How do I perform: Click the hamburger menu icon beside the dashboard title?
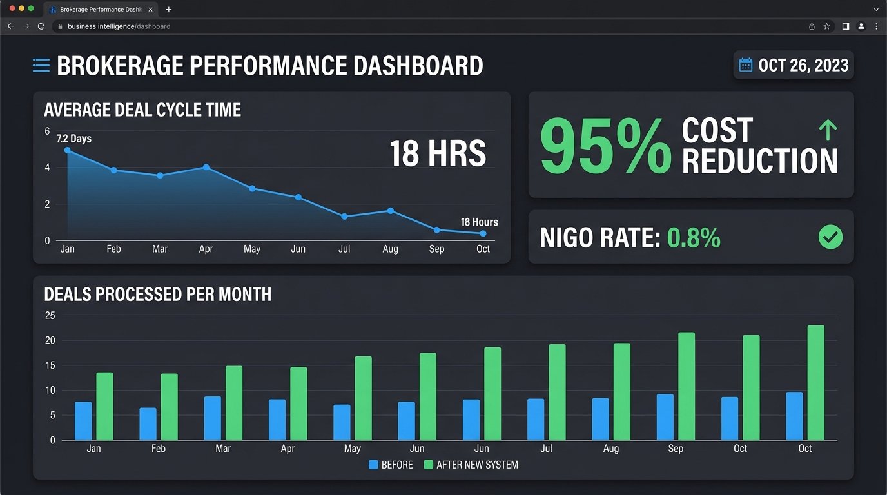click(41, 65)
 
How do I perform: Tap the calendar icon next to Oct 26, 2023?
click(746, 65)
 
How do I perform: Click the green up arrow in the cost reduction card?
click(828, 130)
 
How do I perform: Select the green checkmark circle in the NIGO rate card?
click(830, 237)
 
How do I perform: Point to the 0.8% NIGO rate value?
click(694, 238)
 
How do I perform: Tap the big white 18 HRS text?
click(438, 153)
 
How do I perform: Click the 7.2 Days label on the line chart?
click(74, 139)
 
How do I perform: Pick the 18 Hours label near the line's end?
click(479, 222)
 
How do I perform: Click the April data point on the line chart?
click(206, 167)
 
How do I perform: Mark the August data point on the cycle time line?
click(391, 211)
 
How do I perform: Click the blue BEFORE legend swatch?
click(373, 465)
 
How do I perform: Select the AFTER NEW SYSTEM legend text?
click(477, 465)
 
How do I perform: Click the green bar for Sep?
click(687, 386)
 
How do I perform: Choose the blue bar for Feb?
click(148, 423)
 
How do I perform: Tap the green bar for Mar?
click(234, 403)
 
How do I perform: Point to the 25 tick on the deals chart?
click(50, 315)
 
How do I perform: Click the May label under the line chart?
click(252, 249)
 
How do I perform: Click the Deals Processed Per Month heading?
click(158, 295)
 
